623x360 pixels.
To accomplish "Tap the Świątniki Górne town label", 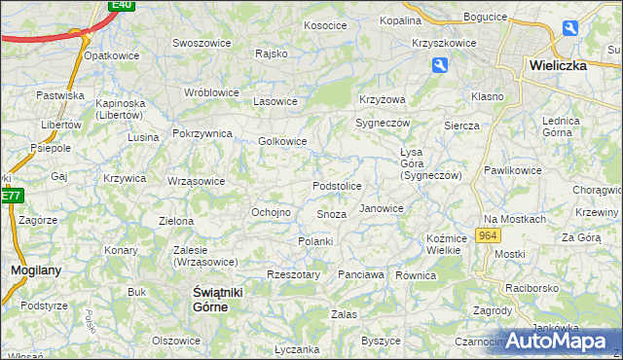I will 210,300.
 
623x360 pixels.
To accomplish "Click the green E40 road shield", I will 121,5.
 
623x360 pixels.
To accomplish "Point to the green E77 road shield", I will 10,196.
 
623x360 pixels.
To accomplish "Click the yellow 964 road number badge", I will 489,235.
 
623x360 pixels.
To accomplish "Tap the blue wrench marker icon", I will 440,64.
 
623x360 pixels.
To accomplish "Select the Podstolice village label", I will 338,186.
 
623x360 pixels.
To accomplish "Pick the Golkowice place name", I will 283,141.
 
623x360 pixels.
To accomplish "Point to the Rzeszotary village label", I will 293,274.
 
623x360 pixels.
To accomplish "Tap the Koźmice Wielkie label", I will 443,244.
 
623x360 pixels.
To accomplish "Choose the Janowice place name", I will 382,208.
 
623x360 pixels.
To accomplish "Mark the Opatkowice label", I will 108,55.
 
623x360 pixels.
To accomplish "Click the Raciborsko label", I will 532,288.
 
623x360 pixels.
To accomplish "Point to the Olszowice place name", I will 176,341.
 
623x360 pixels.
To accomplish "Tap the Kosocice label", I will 325,25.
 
